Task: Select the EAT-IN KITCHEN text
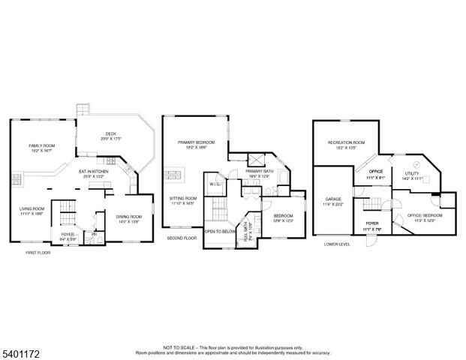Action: [x=95, y=172]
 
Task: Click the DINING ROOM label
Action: [x=128, y=217]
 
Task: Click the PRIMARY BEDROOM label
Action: [x=196, y=142]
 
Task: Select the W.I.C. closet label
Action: [x=214, y=184]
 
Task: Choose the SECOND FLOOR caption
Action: [x=182, y=237]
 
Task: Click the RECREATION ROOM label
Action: [x=345, y=142]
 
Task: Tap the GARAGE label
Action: [x=333, y=199]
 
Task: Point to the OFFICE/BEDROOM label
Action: [x=425, y=215]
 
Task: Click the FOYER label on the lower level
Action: [x=372, y=223]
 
